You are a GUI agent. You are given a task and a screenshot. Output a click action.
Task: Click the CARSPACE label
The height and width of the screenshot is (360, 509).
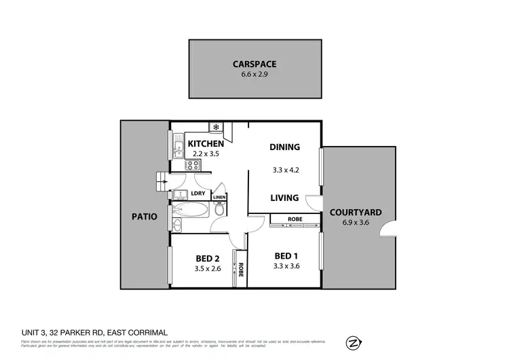(x=254, y=65)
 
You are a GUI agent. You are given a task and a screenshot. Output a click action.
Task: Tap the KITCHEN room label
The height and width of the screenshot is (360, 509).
(x=206, y=143)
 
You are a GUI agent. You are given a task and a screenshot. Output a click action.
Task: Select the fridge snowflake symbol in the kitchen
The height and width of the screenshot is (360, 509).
(x=216, y=127)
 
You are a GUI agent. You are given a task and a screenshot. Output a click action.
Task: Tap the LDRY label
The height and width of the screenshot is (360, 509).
(x=198, y=194)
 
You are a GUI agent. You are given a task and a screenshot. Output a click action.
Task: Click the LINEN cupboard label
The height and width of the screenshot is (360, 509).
(x=219, y=198)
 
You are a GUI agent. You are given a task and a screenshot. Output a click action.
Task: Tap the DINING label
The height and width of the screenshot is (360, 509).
(x=284, y=147)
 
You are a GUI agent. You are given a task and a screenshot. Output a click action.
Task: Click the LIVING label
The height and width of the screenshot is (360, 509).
(x=284, y=198)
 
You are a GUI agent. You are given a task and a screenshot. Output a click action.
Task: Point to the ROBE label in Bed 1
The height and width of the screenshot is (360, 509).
(x=295, y=219)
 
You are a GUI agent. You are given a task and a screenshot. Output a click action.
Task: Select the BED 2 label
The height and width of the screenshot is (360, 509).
(x=207, y=257)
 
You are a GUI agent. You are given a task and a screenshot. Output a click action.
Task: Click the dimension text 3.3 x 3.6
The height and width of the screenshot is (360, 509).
(x=286, y=266)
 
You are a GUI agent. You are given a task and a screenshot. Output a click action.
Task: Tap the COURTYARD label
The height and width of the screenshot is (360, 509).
(x=355, y=213)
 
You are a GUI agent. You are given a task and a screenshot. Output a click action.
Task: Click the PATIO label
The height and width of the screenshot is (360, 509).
(x=144, y=217)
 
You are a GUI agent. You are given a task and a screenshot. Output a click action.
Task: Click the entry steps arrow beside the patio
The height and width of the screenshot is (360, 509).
(x=162, y=181)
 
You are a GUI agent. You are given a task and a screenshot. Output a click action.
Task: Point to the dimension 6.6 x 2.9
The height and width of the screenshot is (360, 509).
(x=254, y=75)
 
